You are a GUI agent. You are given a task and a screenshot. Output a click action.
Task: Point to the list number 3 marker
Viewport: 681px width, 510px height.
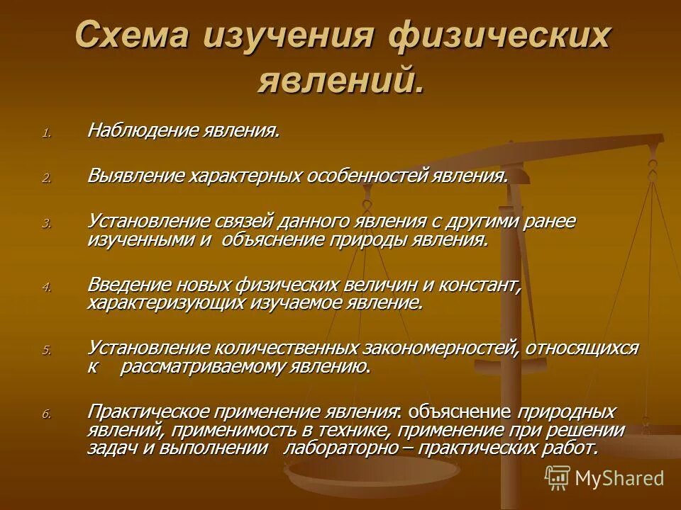tap(46, 223)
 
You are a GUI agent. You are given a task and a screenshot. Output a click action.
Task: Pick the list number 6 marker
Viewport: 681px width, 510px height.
tap(46, 415)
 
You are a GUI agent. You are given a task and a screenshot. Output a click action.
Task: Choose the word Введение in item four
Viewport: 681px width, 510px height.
tap(132, 285)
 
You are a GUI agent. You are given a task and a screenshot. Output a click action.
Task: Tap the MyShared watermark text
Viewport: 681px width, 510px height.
tap(620, 477)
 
